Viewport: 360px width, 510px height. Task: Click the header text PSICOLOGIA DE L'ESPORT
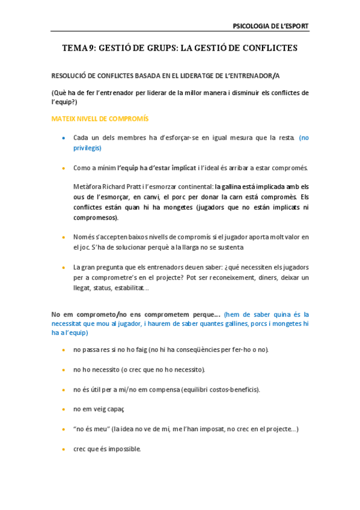[270, 26]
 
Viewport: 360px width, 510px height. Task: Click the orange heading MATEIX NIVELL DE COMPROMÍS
[100, 119]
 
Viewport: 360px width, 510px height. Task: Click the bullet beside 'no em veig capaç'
[64, 409]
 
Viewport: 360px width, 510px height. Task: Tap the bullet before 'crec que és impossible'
[64, 449]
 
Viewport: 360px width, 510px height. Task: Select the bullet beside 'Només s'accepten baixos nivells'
[64, 237]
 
